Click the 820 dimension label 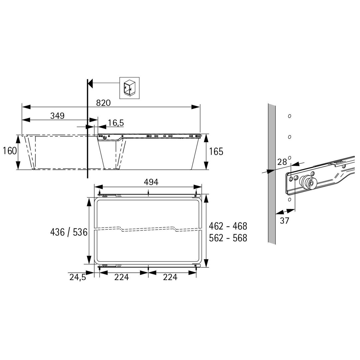tap(103, 103)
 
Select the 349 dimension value tap(57, 116)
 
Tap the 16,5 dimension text tap(116, 123)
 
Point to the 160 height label tap(10, 151)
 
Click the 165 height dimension tap(216, 152)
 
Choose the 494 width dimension tap(151, 182)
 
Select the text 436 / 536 tap(69, 232)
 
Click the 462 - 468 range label tap(228, 226)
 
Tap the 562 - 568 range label tap(228, 238)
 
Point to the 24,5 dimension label tap(78, 277)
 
